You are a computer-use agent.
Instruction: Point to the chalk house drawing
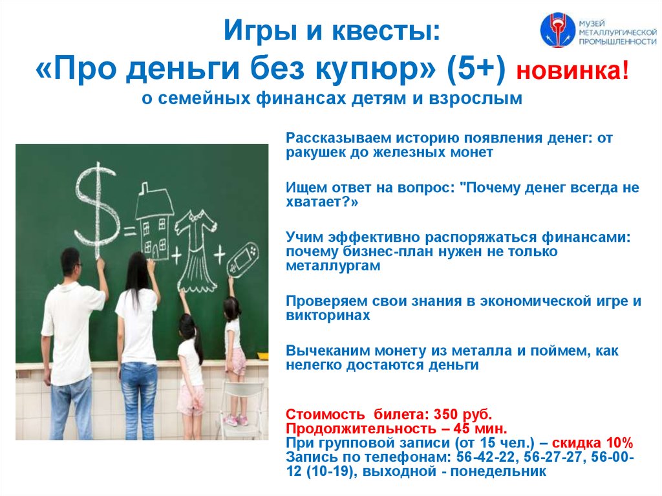pyautogui.click(x=154, y=220)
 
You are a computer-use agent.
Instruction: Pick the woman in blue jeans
pyautogui.click(x=137, y=336)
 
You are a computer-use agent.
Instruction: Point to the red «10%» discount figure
pyautogui.click(x=619, y=443)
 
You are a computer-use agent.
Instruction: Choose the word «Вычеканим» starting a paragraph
pyautogui.click(x=319, y=350)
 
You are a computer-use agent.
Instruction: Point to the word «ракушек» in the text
pyautogui.click(x=313, y=153)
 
